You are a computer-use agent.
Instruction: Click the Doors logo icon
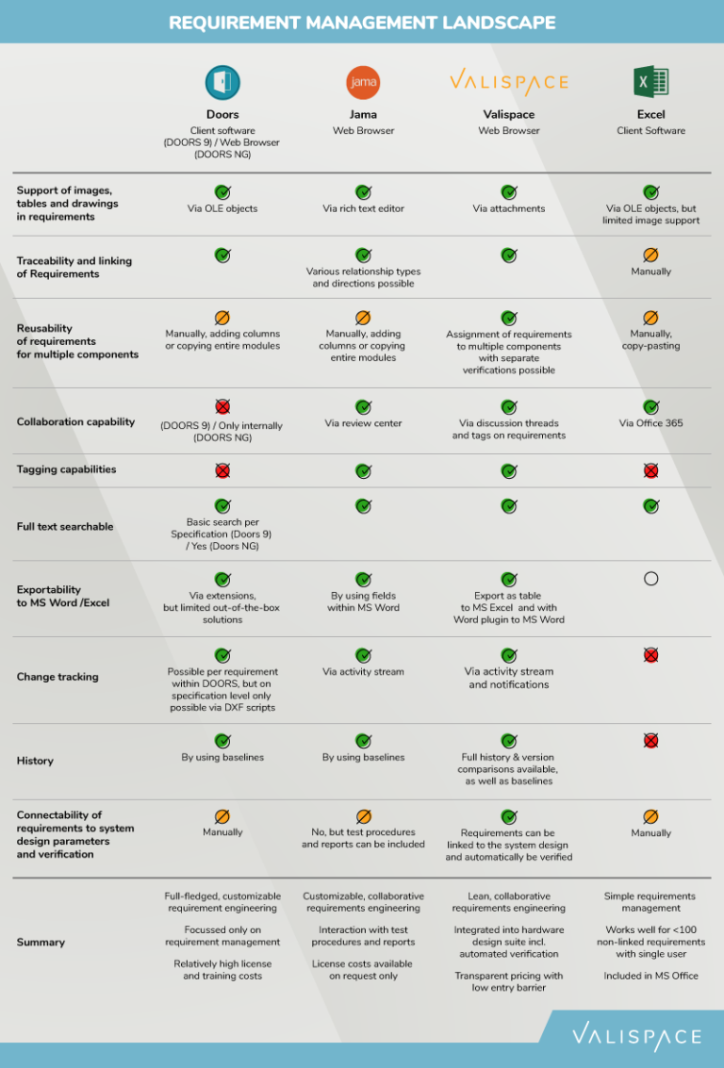(x=222, y=83)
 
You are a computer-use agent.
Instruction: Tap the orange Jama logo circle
(x=363, y=83)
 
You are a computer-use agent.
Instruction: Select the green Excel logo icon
(x=650, y=82)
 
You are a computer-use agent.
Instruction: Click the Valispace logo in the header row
(x=508, y=82)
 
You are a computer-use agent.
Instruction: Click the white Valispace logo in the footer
(x=636, y=1037)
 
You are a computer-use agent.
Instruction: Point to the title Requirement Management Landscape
(x=362, y=22)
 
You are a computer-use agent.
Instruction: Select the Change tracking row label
(x=58, y=677)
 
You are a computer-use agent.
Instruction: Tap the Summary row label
(x=41, y=942)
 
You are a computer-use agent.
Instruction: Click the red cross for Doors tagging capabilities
(x=222, y=470)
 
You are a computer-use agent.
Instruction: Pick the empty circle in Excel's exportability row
(x=650, y=579)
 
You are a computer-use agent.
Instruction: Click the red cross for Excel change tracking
(x=650, y=655)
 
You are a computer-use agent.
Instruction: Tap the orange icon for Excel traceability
(x=650, y=255)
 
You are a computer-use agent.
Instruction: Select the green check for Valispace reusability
(x=509, y=319)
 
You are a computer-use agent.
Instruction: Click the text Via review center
(x=363, y=423)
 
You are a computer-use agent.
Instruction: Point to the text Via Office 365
(x=650, y=423)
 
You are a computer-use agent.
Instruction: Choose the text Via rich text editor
(x=363, y=208)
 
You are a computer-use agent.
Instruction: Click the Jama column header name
(x=363, y=115)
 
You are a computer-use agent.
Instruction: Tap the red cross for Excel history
(x=650, y=741)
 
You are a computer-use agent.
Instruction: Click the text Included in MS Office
(x=650, y=976)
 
